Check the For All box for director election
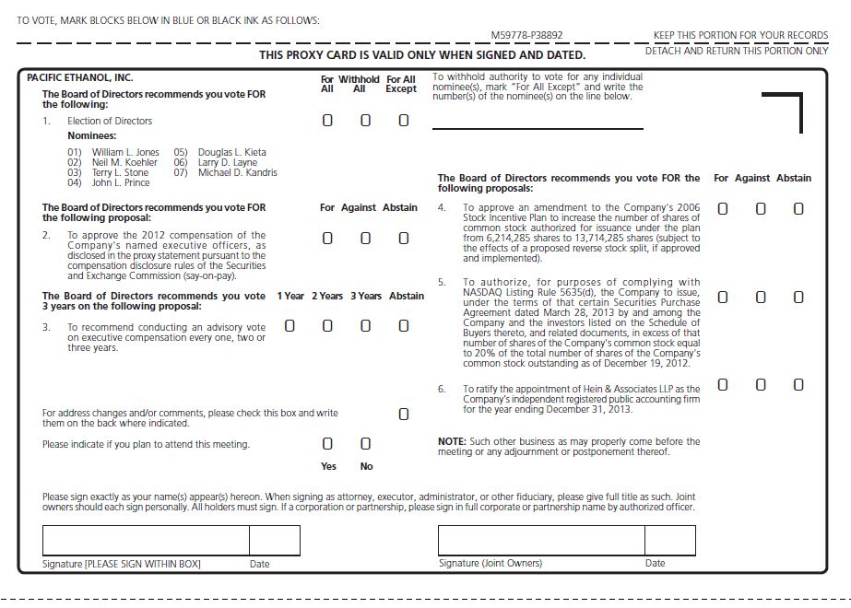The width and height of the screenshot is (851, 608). click(327, 121)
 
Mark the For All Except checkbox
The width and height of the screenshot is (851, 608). click(403, 121)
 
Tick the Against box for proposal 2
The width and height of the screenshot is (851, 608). click(365, 239)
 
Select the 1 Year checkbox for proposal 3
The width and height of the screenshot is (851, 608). click(290, 326)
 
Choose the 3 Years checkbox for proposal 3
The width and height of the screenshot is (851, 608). click(365, 326)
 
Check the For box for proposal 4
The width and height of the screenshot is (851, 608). click(723, 209)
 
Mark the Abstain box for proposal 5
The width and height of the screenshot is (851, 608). click(798, 298)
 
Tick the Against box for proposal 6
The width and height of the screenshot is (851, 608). click(761, 385)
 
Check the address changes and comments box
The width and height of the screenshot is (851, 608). click(403, 415)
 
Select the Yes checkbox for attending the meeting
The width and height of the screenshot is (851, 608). click(327, 445)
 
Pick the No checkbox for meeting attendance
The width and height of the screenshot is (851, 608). click(365, 445)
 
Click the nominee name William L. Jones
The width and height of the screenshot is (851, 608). click(125, 152)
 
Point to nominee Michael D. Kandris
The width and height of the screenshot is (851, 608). click(237, 172)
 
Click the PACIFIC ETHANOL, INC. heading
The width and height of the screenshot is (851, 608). click(80, 78)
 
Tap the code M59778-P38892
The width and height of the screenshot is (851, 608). click(526, 36)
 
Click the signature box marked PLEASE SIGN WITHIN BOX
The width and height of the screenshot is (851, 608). click(146, 540)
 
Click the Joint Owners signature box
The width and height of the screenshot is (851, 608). click(540, 540)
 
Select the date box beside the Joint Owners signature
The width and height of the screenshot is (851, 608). click(669, 540)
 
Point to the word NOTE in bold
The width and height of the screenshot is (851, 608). click(451, 442)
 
